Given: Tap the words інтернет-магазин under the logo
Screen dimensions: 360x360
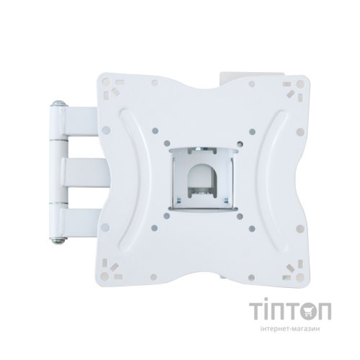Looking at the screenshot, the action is click(x=290, y=329).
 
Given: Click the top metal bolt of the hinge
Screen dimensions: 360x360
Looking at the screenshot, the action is click(x=59, y=104).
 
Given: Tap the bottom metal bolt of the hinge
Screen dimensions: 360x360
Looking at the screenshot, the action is click(x=59, y=240).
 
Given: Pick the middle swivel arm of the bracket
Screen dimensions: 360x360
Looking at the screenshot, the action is click(x=85, y=172).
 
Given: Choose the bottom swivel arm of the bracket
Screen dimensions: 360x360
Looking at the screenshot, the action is click(x=81, y=222).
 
